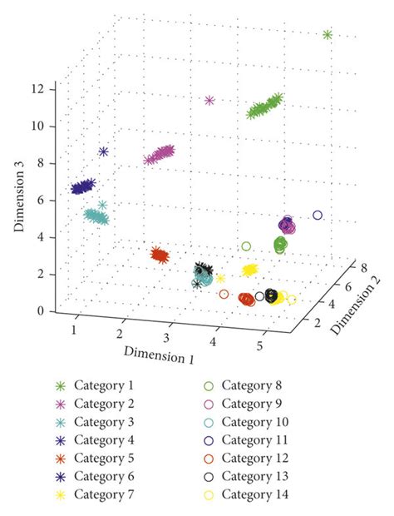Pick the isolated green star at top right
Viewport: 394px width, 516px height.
(x=328, y=34)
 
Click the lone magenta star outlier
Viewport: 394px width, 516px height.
(x=209, y=101)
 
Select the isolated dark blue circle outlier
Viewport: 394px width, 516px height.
(x=317, y=216)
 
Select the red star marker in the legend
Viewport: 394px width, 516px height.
(x=60, y=458)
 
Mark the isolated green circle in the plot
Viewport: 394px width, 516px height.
(x=246, y=246)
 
